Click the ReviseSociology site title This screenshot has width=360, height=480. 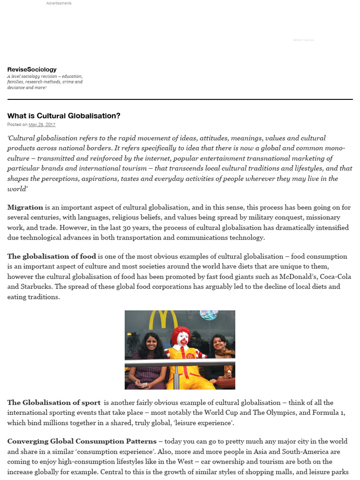pos(32,69)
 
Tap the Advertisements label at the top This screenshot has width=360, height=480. pos(59,3)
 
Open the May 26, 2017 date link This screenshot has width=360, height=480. pos(42,125)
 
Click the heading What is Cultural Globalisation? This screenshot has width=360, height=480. pos(64,116)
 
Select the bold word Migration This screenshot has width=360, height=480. pos(25,207)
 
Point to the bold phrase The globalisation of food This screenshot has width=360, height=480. pos(52,256)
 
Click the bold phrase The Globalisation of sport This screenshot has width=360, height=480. pos(53,403)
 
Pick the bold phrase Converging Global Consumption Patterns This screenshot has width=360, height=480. pos(82,442)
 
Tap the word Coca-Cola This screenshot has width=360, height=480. pos(335,277)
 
